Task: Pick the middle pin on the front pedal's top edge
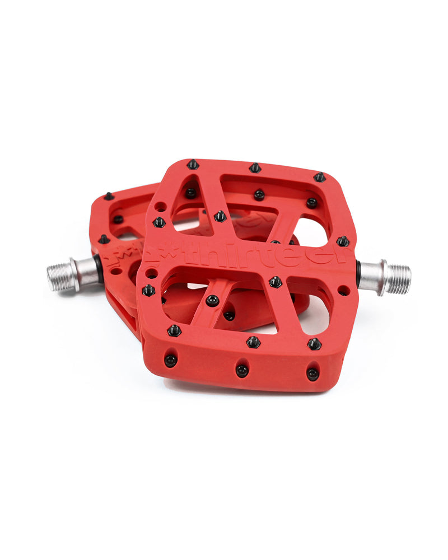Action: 255,167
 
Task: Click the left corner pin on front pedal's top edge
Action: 193,164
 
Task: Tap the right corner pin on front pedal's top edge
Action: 319,177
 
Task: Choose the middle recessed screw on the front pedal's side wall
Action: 241,370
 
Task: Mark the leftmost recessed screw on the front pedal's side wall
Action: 170,360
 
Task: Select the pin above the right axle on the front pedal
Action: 343,241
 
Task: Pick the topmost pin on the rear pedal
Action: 109,196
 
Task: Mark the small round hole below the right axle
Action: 343,291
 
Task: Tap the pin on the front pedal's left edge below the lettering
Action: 148,290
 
